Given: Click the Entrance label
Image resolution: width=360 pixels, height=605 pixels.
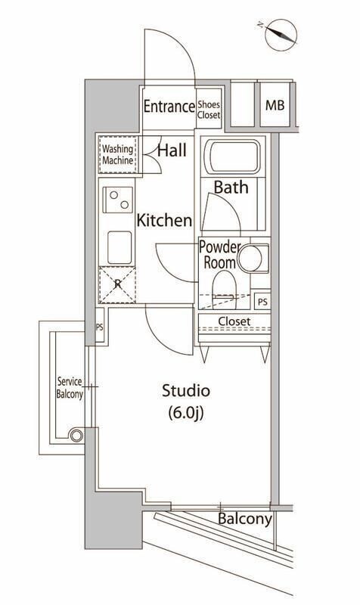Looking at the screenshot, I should coord(169,107).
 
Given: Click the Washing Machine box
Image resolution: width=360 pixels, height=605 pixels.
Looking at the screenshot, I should coord(118,155).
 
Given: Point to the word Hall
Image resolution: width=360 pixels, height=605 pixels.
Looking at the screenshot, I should coord(172,150).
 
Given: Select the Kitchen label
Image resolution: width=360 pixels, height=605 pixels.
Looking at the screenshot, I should coord(163,221).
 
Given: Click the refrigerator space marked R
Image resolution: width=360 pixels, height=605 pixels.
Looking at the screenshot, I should coord(117,285).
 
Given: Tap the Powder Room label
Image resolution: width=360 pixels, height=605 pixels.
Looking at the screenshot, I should coord(220,256).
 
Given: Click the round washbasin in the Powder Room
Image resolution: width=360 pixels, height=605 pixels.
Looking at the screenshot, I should coord(255,258).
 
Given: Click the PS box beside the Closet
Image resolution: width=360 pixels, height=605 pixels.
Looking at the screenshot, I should coord(261,301).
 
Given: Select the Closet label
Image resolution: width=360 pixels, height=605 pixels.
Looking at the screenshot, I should coord(234,321).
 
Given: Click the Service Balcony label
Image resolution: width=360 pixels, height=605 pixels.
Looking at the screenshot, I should coord(69,387).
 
